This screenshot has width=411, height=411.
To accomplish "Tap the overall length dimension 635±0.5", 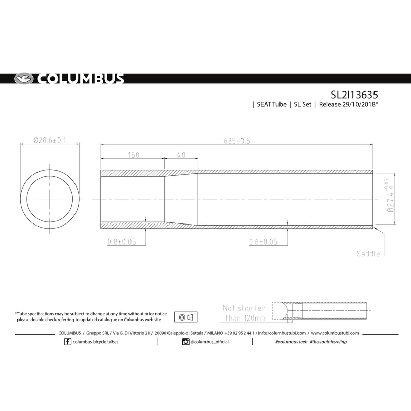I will (x=236, y=141).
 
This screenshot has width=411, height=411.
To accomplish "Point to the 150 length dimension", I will (x=132, y=155).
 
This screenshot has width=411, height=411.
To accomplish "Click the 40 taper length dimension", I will (x=181, y=155).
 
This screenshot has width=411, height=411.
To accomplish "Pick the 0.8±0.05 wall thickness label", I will (x=121, y=241).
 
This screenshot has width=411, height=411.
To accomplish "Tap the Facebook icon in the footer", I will (x=68, y=342).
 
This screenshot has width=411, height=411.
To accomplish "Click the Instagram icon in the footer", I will (x=186, y=342).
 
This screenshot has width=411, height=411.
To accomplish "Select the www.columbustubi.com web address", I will (x=335, y=333).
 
